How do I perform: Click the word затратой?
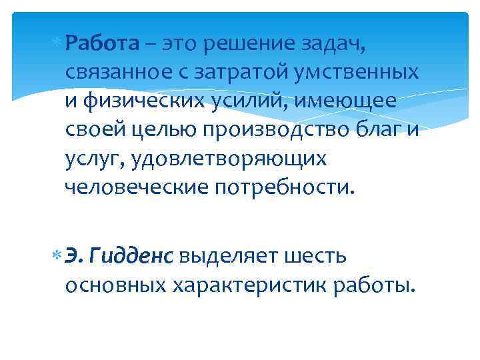click(x=244, y=72)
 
